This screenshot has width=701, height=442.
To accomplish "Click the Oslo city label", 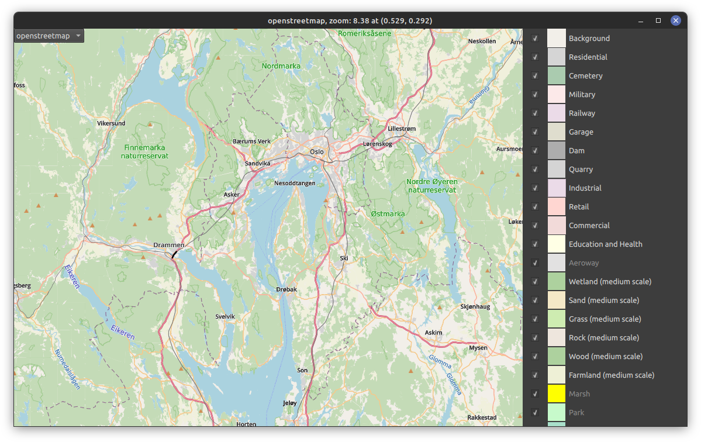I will click(316, 151).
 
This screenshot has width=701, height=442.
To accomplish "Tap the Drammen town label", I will click(168, 245).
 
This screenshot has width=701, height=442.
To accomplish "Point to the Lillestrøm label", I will click(402, 129).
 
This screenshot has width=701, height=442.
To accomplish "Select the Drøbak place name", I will click(286, 289).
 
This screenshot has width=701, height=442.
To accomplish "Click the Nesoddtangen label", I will click(295, 183).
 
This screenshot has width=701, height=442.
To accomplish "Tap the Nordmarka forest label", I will click(281, 66).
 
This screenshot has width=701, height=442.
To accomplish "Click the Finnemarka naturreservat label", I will click(144, 152).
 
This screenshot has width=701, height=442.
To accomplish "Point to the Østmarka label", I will click(388, 214).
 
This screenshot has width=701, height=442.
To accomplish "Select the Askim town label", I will click(433, 332).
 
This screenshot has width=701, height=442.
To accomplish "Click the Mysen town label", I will click(478, 348).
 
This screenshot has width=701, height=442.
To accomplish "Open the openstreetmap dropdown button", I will click(49, 36).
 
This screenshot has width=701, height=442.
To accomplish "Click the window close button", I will click(676, 20).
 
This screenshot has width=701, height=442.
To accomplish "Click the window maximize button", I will click(658, 20).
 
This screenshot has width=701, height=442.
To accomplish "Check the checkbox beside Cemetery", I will click(535, 76).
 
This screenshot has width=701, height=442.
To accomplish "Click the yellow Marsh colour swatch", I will click(557, 394).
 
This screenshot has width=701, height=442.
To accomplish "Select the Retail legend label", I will click(579, 207).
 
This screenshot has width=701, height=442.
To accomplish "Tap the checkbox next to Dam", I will click(535, 151).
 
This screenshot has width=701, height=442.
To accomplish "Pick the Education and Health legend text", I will click(605, 244).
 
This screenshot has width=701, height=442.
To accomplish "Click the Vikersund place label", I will click(111, 124).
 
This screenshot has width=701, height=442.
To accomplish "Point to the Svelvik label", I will click(225, 316).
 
